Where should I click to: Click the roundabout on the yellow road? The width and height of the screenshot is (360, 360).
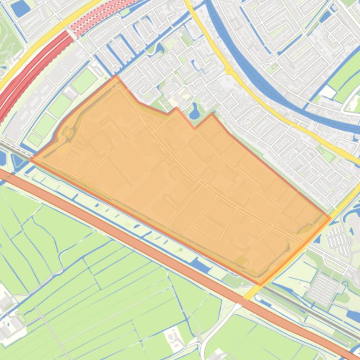tap(229, 71)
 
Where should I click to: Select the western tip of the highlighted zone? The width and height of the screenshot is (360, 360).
tap(31, 159)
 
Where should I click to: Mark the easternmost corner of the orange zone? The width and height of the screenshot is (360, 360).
tap(330, 217)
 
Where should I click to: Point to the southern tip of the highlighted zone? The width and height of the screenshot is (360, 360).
tap(260, 285)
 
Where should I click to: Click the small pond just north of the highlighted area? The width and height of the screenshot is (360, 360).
tap(194, 111)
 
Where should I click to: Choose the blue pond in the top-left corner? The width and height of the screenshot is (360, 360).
tap(20, 7)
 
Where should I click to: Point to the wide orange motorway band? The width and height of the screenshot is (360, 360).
tap(140, 243)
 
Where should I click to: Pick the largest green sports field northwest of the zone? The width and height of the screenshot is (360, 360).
tap(84, 81)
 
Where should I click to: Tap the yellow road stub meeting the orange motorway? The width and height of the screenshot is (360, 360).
tap(250, 293)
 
